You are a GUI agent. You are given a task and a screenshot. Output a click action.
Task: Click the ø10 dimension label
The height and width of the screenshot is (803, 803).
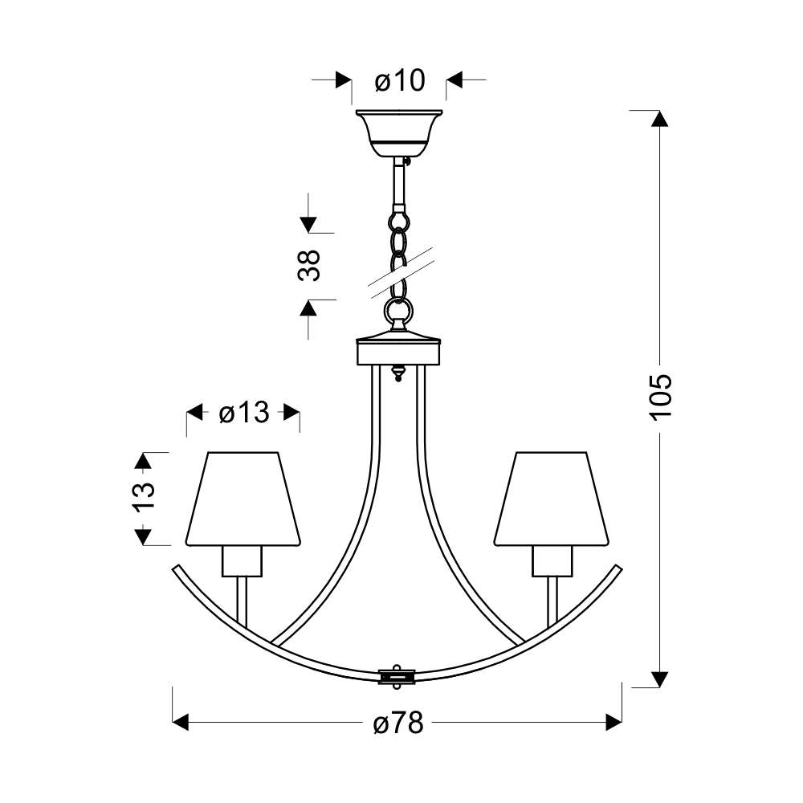pyautogui.click(x=400, y=80)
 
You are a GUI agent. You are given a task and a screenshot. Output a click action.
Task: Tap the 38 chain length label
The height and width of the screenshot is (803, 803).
pyautogui.click(x=309, y=265)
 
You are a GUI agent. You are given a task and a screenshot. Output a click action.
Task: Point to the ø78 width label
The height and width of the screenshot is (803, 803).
pyautogui.click(x=398, y=723)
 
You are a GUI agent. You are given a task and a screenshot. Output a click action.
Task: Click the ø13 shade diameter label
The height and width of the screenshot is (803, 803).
pyautogui.click(x=244, y=412)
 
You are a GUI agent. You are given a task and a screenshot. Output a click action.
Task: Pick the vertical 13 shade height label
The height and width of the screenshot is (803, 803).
pyautogui.click(x=144, y=497)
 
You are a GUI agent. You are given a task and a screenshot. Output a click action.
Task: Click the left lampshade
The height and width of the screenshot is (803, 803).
pyautogui.click(x=243, y=499)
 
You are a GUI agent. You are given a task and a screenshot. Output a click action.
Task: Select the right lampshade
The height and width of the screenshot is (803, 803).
pyautogui.click(x=552, y=499)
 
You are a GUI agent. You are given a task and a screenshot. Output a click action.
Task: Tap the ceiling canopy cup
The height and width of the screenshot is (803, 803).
pyautogui.click(x=399, y=133)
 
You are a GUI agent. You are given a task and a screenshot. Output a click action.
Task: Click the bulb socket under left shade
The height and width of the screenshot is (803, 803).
pyautogui.click(x=243, y=561)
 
